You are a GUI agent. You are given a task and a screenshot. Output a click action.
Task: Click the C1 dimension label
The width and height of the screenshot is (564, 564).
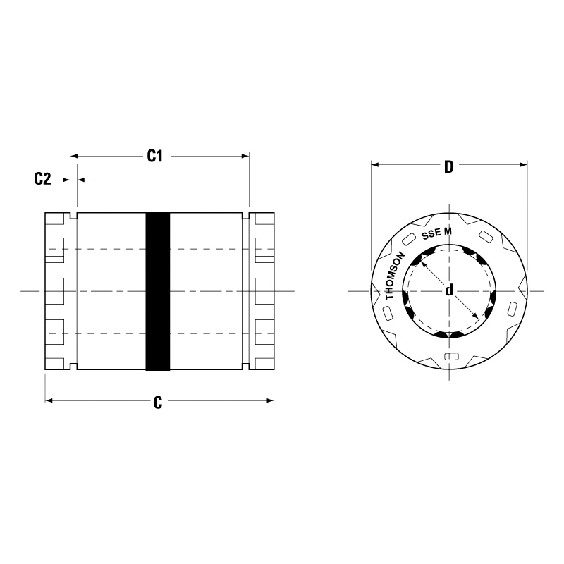tap(155, 156)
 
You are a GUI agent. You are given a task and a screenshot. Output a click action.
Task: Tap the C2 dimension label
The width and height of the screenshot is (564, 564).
tap(42, 180)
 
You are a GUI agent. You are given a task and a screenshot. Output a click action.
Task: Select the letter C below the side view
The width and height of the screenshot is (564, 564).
tap(158, 402)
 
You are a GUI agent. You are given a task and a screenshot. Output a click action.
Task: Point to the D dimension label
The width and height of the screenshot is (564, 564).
tap(448, 167)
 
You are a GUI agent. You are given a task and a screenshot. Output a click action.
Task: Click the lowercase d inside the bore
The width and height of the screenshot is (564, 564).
tap(449, 290)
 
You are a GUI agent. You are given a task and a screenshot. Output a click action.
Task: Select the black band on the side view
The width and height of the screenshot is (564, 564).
tap(158, 290)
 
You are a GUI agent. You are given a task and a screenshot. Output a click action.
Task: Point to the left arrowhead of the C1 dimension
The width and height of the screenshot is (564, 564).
tap(74, 156)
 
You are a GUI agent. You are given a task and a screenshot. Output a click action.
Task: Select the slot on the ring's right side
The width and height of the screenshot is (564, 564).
tap(513, 309)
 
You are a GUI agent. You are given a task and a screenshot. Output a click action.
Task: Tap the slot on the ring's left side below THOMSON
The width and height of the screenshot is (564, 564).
tap(389, 311)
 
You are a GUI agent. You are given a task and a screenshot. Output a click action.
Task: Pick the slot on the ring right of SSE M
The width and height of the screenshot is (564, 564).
tap(486, 235)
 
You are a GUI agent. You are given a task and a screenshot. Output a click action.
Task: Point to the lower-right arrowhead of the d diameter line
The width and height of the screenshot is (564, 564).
tap(477, 319)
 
